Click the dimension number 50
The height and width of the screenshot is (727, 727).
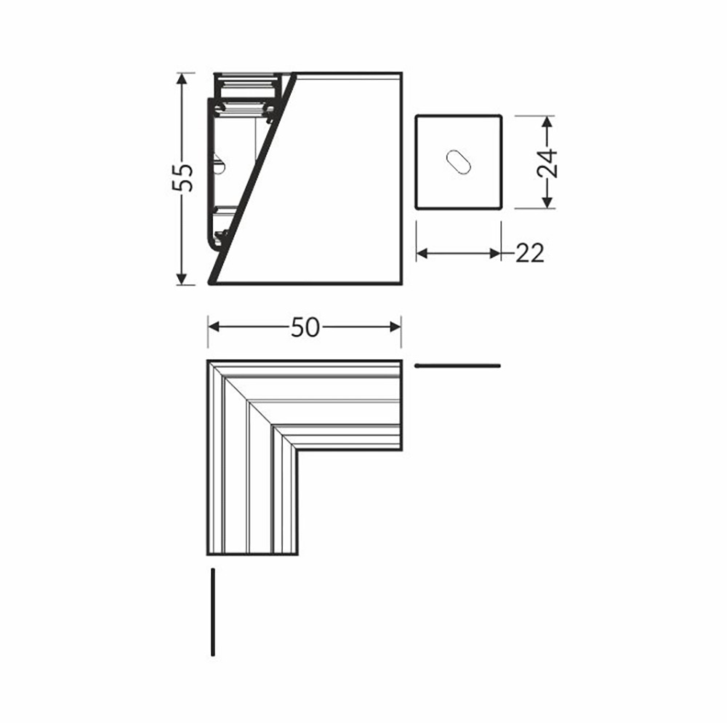tap(305, 327)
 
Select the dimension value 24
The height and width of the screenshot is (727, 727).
tap(547, 163)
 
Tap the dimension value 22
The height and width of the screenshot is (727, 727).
tap(529, 254)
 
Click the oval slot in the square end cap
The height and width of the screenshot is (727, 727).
tap(459, 162)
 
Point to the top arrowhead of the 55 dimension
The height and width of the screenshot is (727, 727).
tap(182, 79)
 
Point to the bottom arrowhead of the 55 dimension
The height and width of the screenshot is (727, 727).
tap(182, 278)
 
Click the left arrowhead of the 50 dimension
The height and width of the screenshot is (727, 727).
tap(214, 327)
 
